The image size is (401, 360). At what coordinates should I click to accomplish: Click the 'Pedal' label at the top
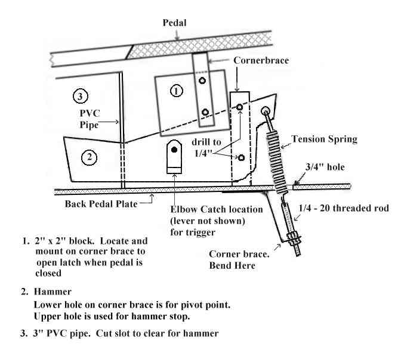point(174,23)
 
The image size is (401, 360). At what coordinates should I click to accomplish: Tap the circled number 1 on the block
point(176,91)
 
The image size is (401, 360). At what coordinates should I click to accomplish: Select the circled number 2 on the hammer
point(89,157)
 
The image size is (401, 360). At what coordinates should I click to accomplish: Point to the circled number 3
point(81,97)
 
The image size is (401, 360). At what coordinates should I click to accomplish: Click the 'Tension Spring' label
point(324,139)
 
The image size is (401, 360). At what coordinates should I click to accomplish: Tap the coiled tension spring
point(277,162)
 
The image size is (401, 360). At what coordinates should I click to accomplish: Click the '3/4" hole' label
point(325,167)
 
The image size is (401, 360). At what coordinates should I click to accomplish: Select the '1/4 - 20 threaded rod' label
point(344,208)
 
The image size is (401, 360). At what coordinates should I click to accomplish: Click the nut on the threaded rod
point(294,238)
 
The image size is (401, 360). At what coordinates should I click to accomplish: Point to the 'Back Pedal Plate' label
point(101,204)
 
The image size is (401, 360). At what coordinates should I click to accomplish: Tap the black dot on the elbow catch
point(174,150)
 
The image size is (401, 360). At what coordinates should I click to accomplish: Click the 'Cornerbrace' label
point(261,60)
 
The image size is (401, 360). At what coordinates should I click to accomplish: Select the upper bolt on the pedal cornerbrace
point(202,80)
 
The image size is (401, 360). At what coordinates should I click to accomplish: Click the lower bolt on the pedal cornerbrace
point(205,112)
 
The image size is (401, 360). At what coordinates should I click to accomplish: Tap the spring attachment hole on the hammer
point(265,111)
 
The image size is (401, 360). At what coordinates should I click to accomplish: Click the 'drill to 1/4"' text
point(206,147)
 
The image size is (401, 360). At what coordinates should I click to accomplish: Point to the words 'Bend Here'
point(232,265)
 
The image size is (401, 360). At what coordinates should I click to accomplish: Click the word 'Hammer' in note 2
point(53,291)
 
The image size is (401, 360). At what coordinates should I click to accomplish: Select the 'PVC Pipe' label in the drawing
point(90,119)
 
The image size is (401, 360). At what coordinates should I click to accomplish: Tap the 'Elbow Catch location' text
point(217,210)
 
